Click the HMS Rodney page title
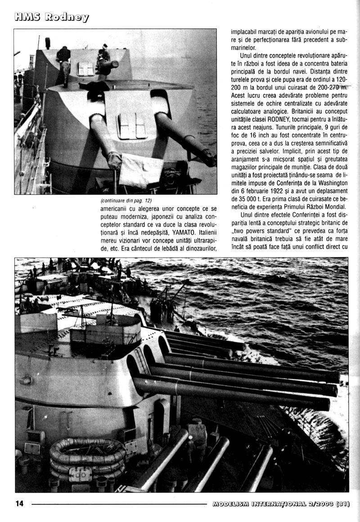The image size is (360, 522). tap(51, 17)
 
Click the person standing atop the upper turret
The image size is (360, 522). tap(64, 63)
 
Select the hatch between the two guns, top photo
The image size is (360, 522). tap(132, 126)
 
